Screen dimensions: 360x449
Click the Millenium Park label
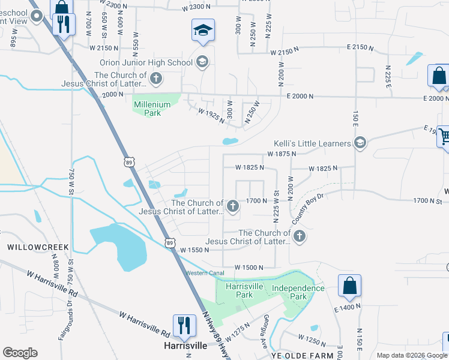(152, 108)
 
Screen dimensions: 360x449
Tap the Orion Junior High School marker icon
(202, 62)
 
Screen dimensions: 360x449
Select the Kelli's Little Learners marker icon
(360, 142)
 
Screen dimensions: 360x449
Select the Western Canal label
(205, 273)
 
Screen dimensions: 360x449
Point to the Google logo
(20, 353)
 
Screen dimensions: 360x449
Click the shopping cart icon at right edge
(444, 136)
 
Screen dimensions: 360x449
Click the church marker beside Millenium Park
(155, 78)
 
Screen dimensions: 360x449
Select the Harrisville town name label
(185, 346)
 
